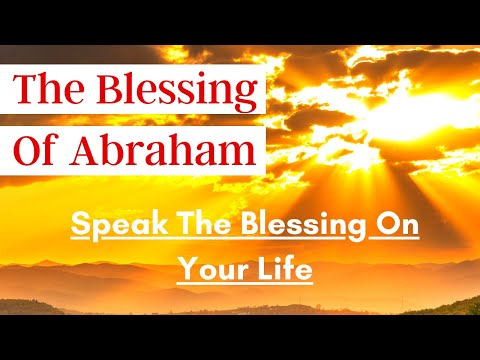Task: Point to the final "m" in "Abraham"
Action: (236, 154)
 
